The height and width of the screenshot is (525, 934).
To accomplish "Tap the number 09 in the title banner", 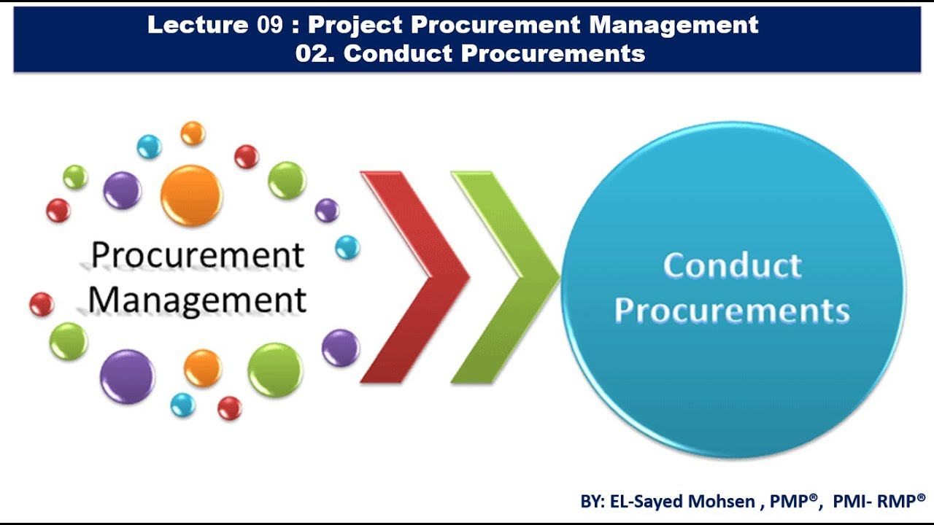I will click(x=269, y=26).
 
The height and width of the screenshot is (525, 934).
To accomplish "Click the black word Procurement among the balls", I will click(x=197, y=255).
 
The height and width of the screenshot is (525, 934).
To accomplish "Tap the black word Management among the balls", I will click(x=197, y=300).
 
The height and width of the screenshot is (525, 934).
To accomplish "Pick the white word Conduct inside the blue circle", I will click(x=732, y=265).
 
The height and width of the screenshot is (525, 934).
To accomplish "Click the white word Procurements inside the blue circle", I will click(x=732, y=310).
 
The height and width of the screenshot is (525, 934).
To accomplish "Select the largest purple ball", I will click(x=127, y=376).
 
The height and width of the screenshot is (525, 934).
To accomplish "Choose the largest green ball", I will click(x=275, y=370).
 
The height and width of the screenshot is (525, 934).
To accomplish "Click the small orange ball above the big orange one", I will click(x=193, y=133).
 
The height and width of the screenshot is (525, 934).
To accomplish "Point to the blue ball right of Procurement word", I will click(x=347, y=248).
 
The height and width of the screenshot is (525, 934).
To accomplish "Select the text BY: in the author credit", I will click(x=591, y=501).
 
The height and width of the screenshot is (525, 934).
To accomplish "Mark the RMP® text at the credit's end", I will click(x=904, y=501).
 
